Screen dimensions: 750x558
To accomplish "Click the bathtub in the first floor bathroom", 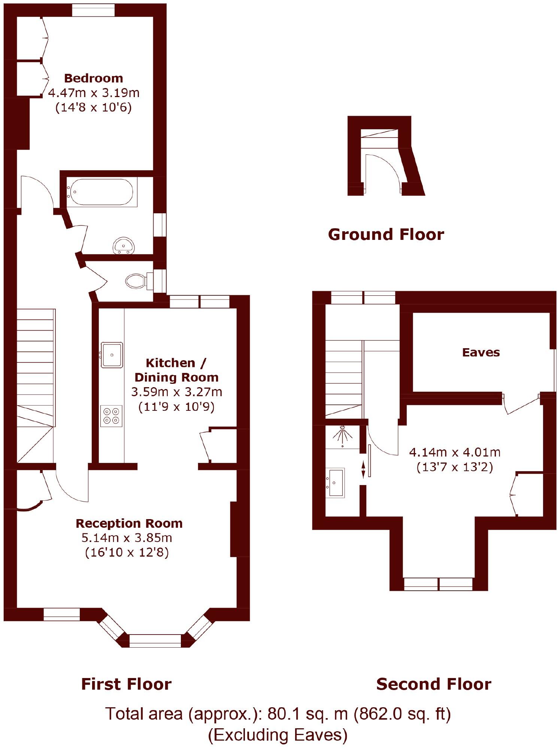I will click(x=101, y=192).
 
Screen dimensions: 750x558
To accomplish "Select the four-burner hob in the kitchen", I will click(x=111, y=416).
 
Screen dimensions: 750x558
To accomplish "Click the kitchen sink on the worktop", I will click(x=112, y=355).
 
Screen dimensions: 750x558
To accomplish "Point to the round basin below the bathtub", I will click(x=124, y=246).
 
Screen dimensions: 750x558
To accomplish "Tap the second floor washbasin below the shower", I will click(x=336, y=483).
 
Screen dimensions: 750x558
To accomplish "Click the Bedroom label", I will click(x=93, y=78).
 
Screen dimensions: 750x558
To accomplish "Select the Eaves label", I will click(x=481, y=352).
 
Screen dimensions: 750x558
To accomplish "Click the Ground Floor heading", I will click(x=386, y=235).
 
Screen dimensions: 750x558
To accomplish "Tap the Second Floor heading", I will click(x=433, y=684).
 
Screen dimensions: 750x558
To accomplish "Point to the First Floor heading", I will click(x=126, y=684).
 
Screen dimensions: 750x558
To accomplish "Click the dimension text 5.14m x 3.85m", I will click(x=127, y=538).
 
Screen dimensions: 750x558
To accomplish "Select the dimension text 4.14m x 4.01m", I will click(x=455, y=452).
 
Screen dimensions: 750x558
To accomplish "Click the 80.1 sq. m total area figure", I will click(x=307, y=714).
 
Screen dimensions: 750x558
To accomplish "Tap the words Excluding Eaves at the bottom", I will click(x=278, y=735).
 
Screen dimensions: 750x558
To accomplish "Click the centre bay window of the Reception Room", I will click(x=155, y=641).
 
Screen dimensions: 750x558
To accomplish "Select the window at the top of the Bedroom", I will click(x=93, y=10).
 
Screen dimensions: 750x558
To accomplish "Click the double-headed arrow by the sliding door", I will click(x=363, y=470).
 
